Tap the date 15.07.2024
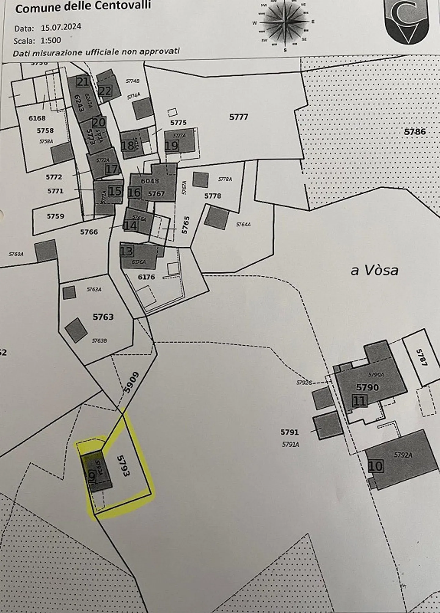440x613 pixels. tap(61, 27)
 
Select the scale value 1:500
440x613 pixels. tap(51, 40)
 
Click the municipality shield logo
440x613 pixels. tap(406, 21)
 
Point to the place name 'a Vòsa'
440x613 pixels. tap(374, 271)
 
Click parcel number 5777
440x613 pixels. tap(239, 117)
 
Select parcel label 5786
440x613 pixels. tap(415, 132)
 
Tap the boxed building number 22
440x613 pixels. tap(105, 91)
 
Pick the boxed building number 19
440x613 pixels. tap(171, 145)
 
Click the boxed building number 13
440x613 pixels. tap(127, 251)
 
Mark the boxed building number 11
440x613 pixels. tap(359, 401)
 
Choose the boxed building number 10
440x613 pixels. tap(375, 466)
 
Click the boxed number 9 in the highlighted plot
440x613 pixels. tap(92, 475)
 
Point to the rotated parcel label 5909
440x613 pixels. tap(131, 383)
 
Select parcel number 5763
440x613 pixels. tap(103, 317)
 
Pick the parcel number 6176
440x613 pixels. tap(146, 277)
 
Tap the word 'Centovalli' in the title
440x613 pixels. tap(127, 6)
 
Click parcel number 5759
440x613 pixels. tap(55, 216)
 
